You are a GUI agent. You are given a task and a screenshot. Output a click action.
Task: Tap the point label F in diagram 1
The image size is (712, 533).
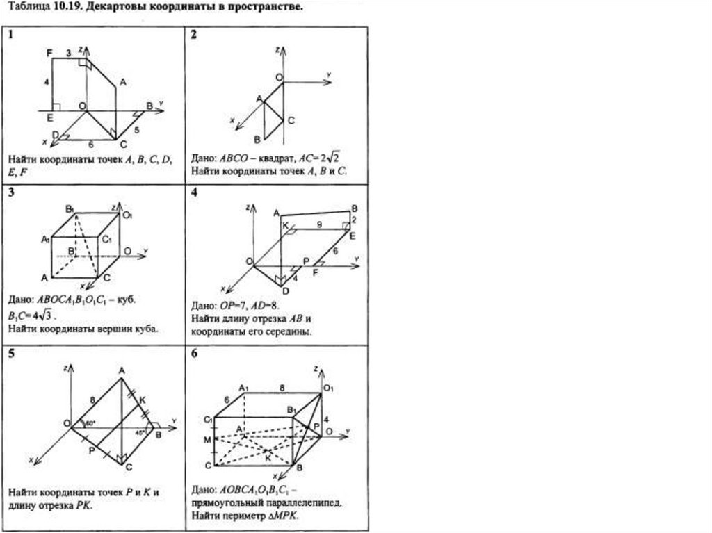click(49, 53)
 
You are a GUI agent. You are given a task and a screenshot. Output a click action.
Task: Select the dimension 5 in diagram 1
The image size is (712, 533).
click(137, 130)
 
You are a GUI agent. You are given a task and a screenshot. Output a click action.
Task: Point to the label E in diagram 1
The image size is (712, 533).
click(50, 118)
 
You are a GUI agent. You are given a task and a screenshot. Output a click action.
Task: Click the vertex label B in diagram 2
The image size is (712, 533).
click(257, 138)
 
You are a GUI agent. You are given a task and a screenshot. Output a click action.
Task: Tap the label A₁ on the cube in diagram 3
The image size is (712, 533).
click(44, 239)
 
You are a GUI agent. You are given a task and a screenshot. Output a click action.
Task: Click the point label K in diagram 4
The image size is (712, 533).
click(284, 224)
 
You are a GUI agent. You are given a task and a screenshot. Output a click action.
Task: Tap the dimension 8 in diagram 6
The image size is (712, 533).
click(282, 386)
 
